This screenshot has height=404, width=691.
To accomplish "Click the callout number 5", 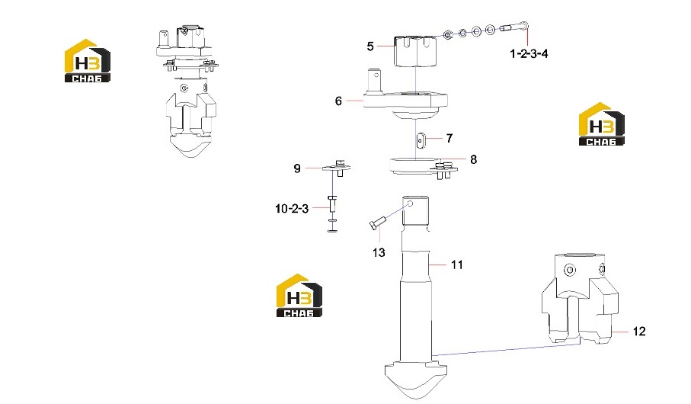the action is point(370,46).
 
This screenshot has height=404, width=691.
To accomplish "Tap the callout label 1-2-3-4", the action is point(529,54).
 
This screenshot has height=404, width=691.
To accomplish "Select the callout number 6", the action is point(338,101).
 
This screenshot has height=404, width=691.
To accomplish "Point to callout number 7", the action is point(449,139).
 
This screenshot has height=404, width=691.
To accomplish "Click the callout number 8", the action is point(473,159).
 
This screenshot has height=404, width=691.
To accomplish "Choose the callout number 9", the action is point(297,168).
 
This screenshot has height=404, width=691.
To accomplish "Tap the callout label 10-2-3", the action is point(292,209).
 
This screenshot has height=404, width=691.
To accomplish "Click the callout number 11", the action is point(456,265).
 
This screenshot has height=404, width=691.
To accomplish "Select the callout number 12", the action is point(639,332).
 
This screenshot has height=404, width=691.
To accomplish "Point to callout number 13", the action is point(379,253).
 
